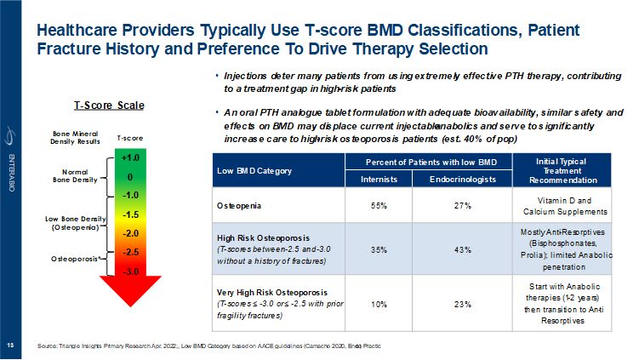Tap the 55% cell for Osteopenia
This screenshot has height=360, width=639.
tap(377, 207)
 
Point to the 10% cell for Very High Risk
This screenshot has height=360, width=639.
tap(377, 303)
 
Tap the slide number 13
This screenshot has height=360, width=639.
tap(11, 346)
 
